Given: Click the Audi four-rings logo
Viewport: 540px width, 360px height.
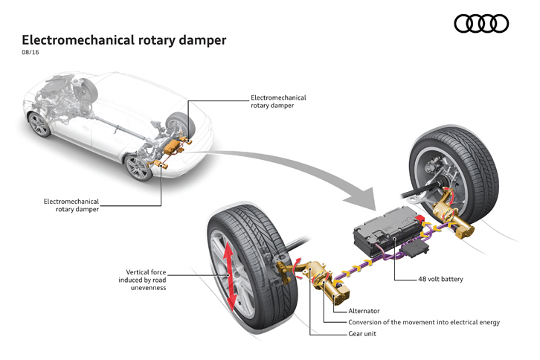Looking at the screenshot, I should pos(481,25).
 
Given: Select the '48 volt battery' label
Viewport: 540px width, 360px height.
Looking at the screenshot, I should pos(440,280).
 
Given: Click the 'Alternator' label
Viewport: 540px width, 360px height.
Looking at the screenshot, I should pos(364,311).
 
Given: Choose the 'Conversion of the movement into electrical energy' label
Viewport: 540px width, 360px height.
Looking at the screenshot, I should pos(424,323).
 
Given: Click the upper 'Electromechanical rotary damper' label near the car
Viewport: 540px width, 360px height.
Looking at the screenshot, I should pos(278,102).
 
